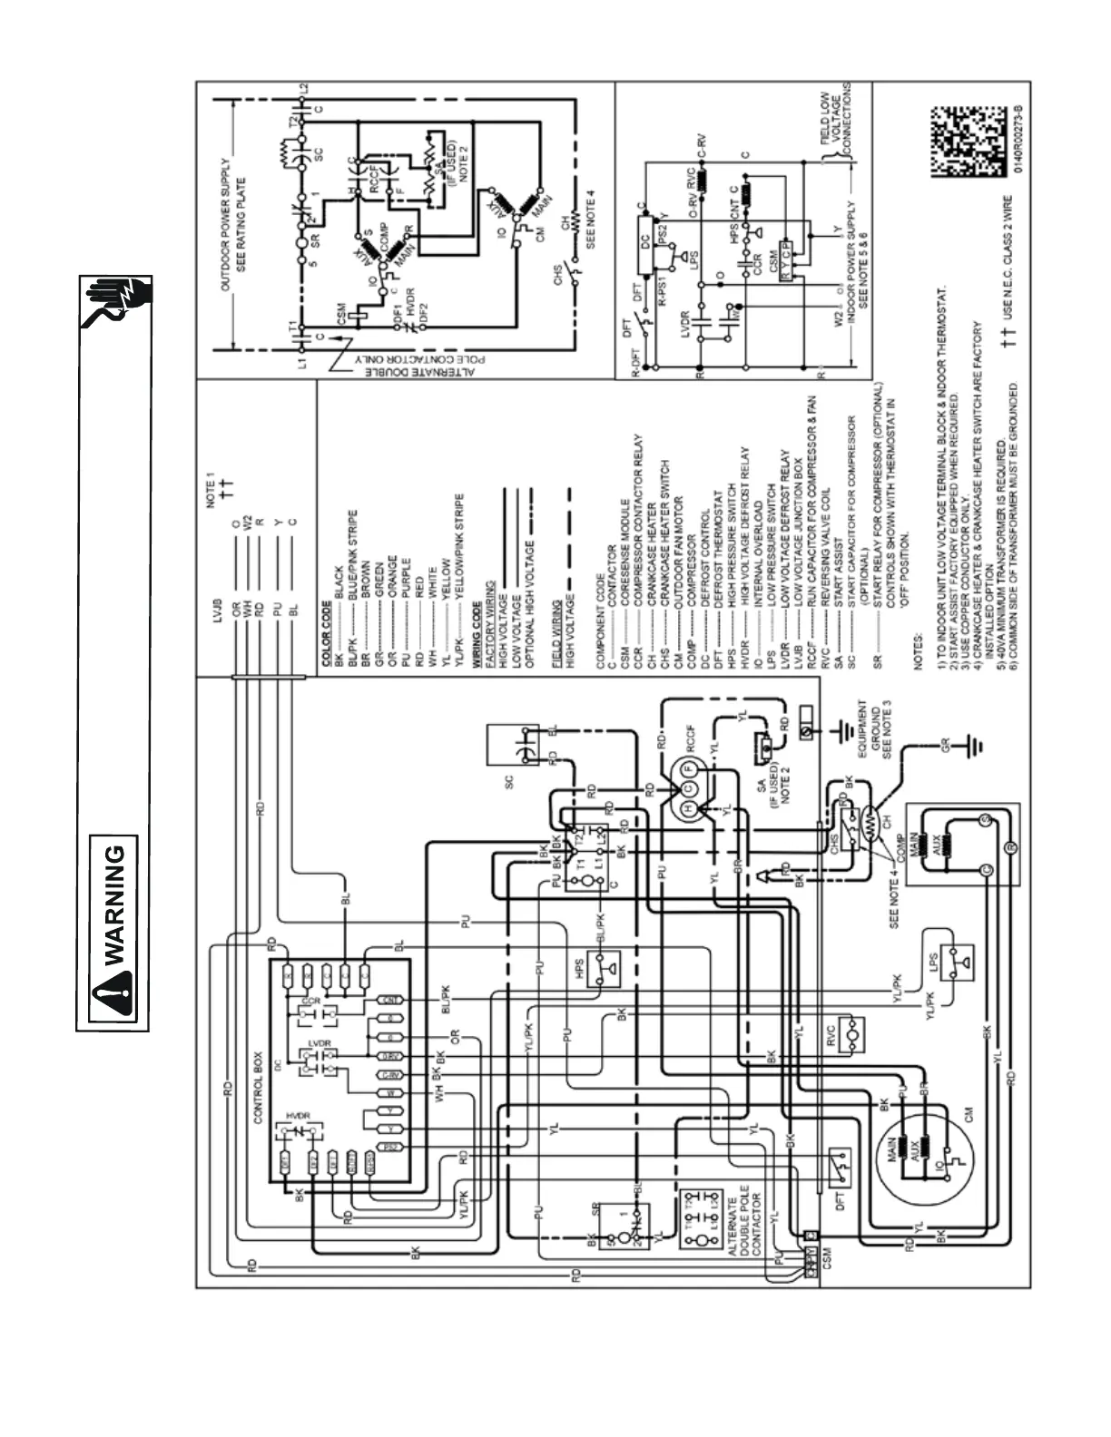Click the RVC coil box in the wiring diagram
click(x=854, y=1033)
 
